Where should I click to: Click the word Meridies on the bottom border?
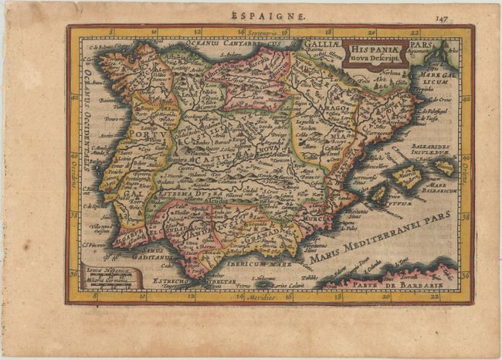(268, 297)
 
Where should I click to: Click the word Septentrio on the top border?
(265, 32)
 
